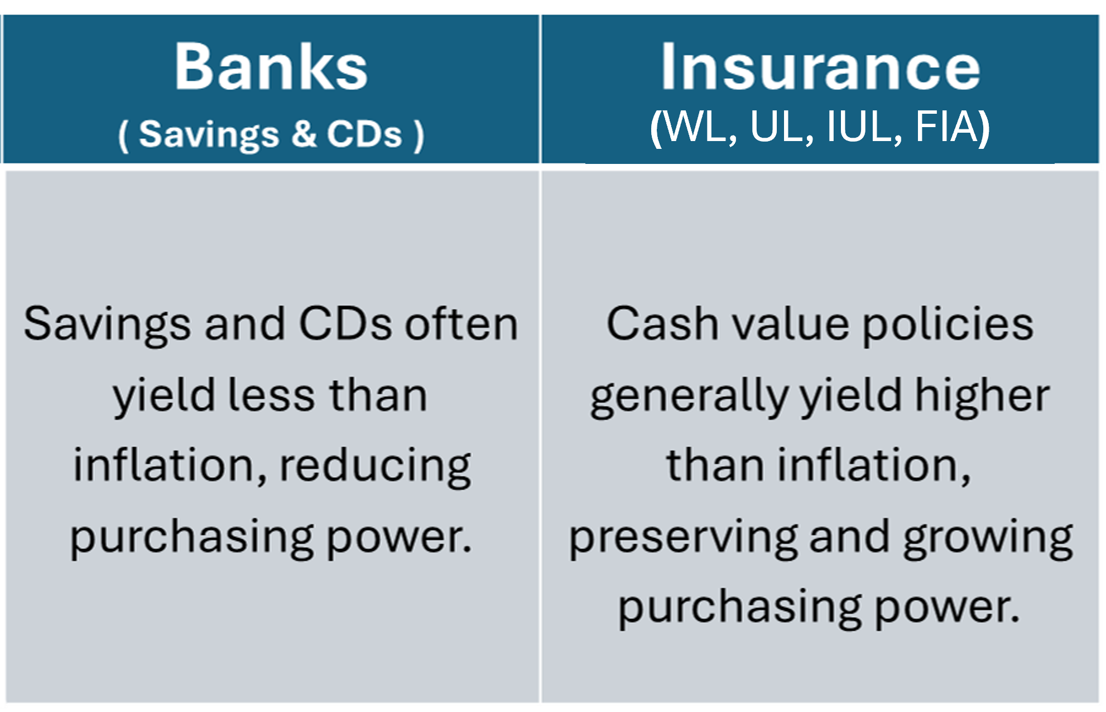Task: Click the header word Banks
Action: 271,67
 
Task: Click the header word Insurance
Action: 820,67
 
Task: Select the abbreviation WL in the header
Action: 700,127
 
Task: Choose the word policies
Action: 948,324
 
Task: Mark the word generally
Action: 689,396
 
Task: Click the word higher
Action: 983,396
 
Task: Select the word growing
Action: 988,539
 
